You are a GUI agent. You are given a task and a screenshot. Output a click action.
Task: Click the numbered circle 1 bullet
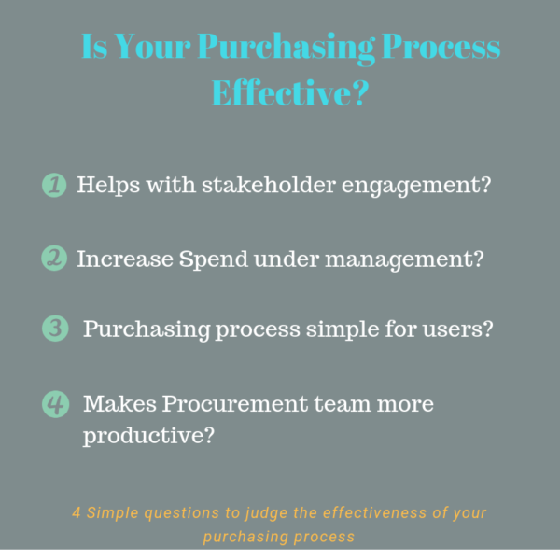pos(55,185)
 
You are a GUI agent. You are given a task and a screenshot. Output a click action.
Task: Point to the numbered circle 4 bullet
pos(55,404)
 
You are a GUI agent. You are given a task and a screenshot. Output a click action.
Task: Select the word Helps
pos(103,185)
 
